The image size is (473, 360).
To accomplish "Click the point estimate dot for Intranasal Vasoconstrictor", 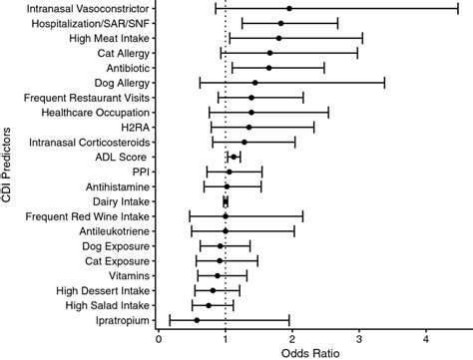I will coord(289,8).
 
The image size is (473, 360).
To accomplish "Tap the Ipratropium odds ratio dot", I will coord(197,320).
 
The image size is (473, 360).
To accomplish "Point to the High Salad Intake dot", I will coord(209,305).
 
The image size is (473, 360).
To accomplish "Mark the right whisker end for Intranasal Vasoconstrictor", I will coord(458,8).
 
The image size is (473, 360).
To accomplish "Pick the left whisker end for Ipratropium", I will coord(170,320).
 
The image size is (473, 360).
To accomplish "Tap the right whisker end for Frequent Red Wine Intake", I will coord(302,215).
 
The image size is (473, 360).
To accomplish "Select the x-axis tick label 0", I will coord(159,337).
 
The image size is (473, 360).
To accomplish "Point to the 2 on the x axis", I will coord(292,337).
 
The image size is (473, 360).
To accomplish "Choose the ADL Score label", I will coord(122,157).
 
